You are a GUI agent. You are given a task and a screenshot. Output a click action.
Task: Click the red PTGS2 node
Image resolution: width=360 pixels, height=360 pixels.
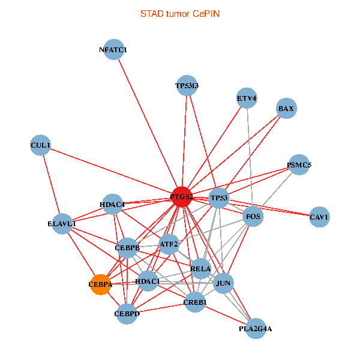[x=181, y=196]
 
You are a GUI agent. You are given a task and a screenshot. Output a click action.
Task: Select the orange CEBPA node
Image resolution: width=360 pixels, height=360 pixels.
[x=101, y=284]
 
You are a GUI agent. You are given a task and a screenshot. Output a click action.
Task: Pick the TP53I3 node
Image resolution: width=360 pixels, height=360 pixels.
[x=187, y=86]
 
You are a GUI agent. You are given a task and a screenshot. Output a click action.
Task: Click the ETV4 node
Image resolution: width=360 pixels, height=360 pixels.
[x=247, y=98]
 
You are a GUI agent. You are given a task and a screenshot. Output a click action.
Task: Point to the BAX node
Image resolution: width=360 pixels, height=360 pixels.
[x=286, y=109]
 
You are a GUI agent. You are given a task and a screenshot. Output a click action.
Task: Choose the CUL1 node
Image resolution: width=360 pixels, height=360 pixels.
[x=40, y=145]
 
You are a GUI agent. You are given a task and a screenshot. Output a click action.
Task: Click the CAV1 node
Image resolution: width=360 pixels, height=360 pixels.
[x=319, y=217]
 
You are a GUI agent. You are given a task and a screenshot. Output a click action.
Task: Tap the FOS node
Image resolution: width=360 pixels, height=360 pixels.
[x=253, y=216]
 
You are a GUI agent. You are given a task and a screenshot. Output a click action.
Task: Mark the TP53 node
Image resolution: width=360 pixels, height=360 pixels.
[x=220, y=198]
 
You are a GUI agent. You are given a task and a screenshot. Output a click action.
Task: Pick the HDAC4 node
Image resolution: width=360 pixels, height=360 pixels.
[x=112, y=205]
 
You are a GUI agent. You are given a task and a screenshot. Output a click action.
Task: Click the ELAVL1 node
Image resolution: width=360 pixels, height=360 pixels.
[x=62, y=224]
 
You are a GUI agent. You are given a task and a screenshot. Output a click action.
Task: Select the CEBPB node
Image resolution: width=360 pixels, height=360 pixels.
[x=127, y=247]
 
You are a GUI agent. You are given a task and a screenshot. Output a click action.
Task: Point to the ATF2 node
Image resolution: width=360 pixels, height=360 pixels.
[x=169, y=244]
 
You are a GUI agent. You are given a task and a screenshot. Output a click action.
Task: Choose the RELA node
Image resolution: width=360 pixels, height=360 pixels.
[x=200, y=268]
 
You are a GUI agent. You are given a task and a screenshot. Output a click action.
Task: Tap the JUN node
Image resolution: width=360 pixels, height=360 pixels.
[x=223, y=283]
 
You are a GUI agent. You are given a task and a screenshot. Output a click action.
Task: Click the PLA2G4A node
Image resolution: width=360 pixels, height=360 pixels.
[x=256, y=328]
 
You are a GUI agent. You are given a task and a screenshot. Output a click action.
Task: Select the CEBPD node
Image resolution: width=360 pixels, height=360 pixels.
[x=127, y=313]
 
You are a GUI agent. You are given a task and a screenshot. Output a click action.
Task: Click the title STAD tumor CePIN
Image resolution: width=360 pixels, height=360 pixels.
[x=180, y=13]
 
